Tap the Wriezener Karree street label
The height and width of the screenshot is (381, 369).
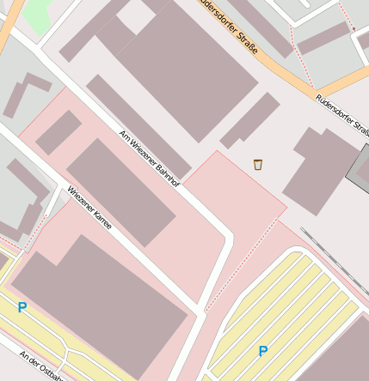pyautogui.click(x=89, y=213)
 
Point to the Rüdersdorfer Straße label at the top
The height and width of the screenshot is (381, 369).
pyautogui.click(x=227, y=25)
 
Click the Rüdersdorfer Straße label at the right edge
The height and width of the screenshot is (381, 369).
pyautogui.click(x=342, y=114)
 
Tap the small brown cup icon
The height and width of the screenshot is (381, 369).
pyautogui.click(x=257, y=164)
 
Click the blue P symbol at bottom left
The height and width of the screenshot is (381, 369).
pyautogui.click(x=22, y=307)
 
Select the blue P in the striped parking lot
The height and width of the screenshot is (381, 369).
pyautogui.click(x=262, y=351)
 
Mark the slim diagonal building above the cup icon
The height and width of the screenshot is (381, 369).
pyautogui.click(x=250, y=120)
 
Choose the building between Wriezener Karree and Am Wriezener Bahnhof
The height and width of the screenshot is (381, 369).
pyautogui.click(x=120, y=190)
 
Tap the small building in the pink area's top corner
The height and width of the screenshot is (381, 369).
pyautogui.click(x=58, y=132)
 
